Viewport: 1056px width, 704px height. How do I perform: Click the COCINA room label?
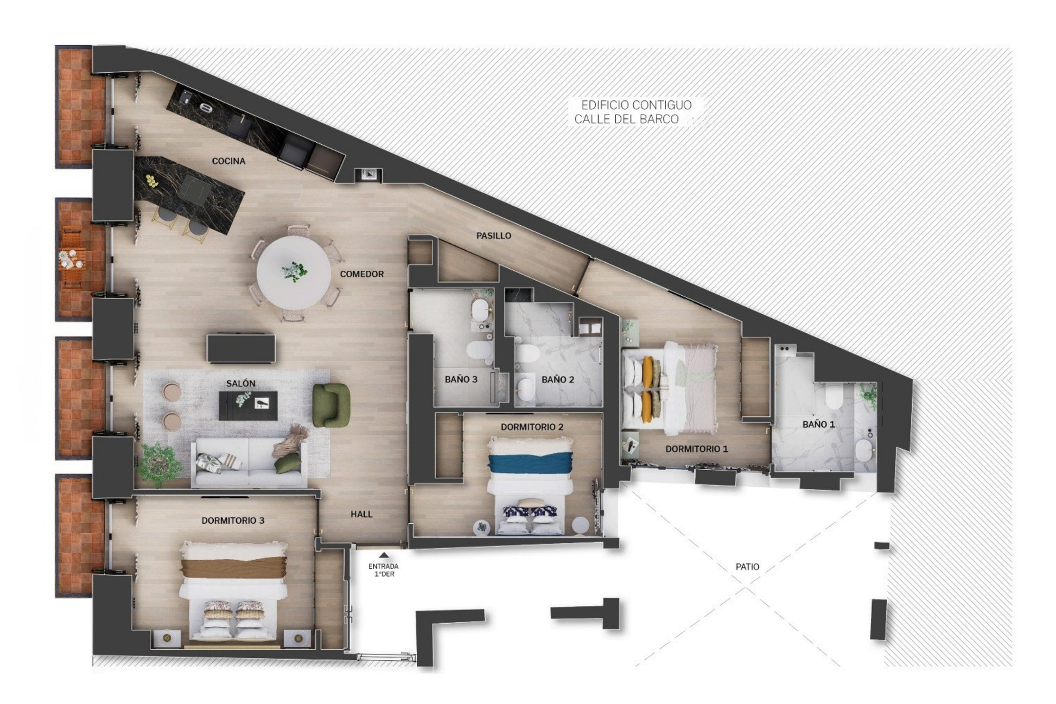228,161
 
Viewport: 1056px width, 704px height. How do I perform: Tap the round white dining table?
294,272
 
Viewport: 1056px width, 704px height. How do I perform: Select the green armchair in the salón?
330,405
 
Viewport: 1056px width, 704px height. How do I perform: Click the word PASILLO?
494,236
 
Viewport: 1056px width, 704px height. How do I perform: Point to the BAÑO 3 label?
461,379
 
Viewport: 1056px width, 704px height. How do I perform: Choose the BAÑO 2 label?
558,380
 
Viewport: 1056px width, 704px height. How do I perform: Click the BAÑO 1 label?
819,424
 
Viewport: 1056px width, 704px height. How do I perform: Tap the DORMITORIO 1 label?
697,449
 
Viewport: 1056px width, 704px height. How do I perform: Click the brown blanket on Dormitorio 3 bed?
233,567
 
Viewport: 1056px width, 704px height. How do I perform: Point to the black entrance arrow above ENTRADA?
383,555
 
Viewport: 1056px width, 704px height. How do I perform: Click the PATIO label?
747,567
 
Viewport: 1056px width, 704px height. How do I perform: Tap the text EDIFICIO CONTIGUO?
637,105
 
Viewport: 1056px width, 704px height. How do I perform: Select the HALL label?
361,514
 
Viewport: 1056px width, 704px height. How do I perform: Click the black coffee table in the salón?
248,405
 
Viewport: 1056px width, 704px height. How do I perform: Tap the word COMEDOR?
362,274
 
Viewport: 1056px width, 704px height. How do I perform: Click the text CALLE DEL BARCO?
627,119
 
